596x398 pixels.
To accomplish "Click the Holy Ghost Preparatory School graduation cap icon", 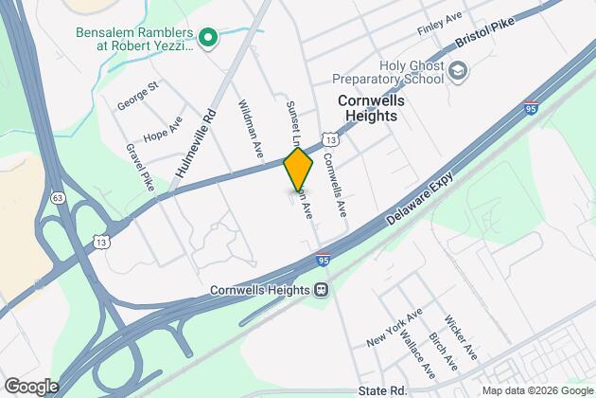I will [x=459, y=70].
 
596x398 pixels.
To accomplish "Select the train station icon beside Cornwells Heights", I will [x=321, y=290].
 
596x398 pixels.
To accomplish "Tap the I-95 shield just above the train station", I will [x=322, y=257].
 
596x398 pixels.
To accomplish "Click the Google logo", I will [x=31, y=387].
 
